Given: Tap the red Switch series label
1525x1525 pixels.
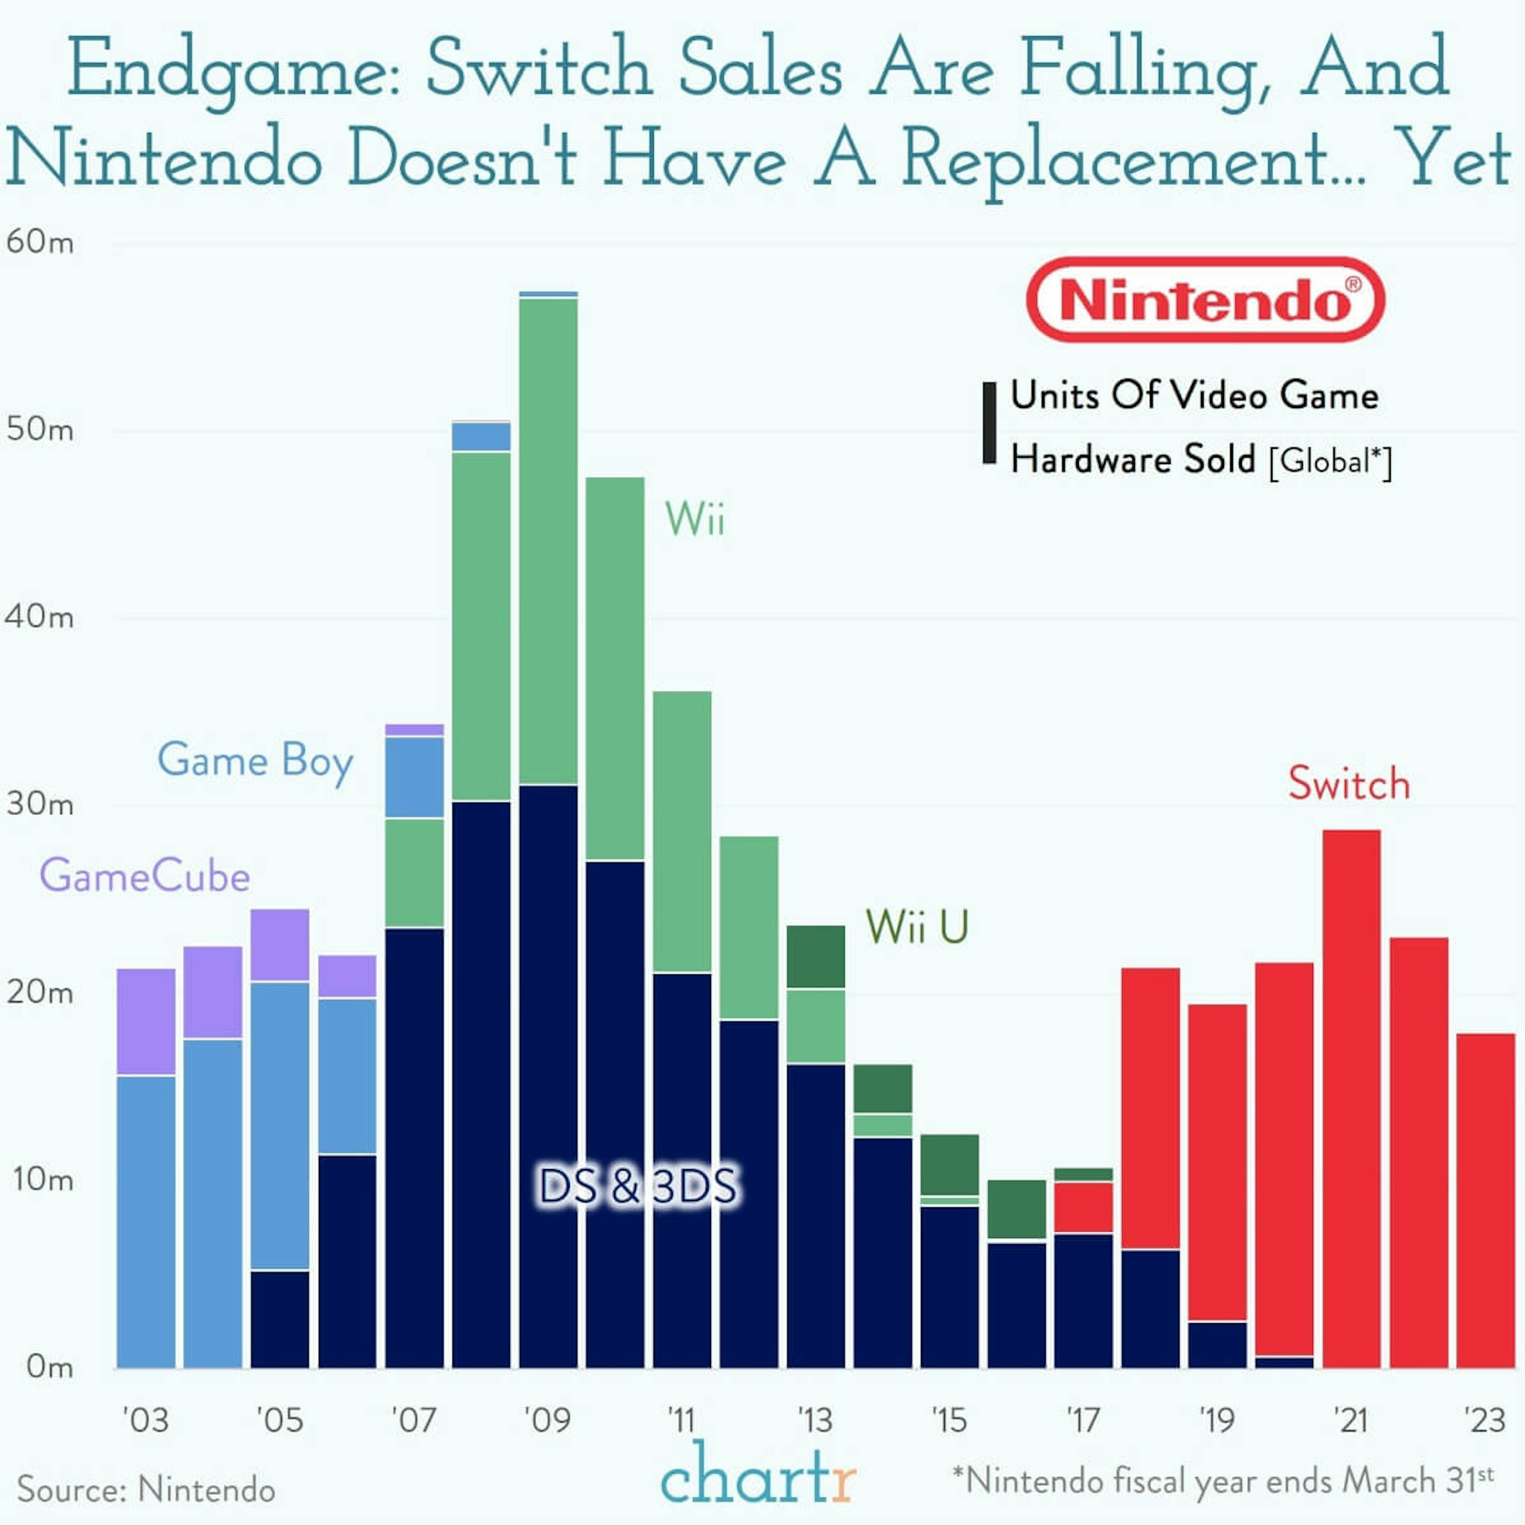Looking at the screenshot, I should [1348, 784].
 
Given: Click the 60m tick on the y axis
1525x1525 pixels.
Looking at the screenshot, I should [39, 242].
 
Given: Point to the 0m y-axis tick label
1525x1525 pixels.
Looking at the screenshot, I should [49, 1366].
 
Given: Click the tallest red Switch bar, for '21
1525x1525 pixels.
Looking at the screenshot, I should [1351, 1097].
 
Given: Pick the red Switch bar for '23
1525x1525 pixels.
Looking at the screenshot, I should [1485, 1200].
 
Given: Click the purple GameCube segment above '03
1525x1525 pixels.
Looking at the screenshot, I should [146, 1021].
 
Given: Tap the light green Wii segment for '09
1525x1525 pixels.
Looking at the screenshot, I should [548, 541].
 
